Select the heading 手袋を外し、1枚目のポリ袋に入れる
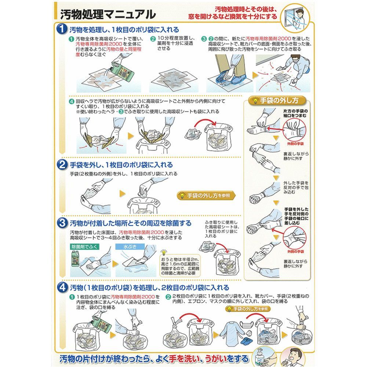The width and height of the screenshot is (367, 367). coord(121,165)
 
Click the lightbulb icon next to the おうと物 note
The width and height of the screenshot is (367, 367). coord(164,252)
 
